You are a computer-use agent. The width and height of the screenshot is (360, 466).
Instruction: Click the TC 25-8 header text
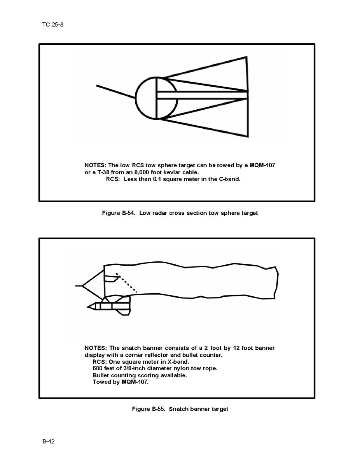pos(52,25)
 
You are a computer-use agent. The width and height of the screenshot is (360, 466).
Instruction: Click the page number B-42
pos(49,441)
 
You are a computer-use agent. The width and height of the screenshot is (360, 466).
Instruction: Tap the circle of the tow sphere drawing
pos(136,98)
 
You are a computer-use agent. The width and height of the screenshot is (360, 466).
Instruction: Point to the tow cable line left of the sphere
pos(116,92)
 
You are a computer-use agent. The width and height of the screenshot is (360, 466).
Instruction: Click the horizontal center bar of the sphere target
pos(202,95)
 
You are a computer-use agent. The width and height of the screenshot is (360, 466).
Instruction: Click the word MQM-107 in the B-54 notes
pos(262,165)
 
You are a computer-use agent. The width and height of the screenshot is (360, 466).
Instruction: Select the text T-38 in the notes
pos(103,172)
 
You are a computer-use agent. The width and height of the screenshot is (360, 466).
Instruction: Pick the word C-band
pos(229,179)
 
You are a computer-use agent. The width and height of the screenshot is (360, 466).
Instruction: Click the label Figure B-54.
pos(119,213)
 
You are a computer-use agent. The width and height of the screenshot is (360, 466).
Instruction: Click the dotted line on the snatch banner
pos(126,283)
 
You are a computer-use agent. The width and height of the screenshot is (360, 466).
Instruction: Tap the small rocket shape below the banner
pos(109,306)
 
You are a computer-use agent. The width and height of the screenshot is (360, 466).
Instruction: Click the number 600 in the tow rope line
pos(98,368)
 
